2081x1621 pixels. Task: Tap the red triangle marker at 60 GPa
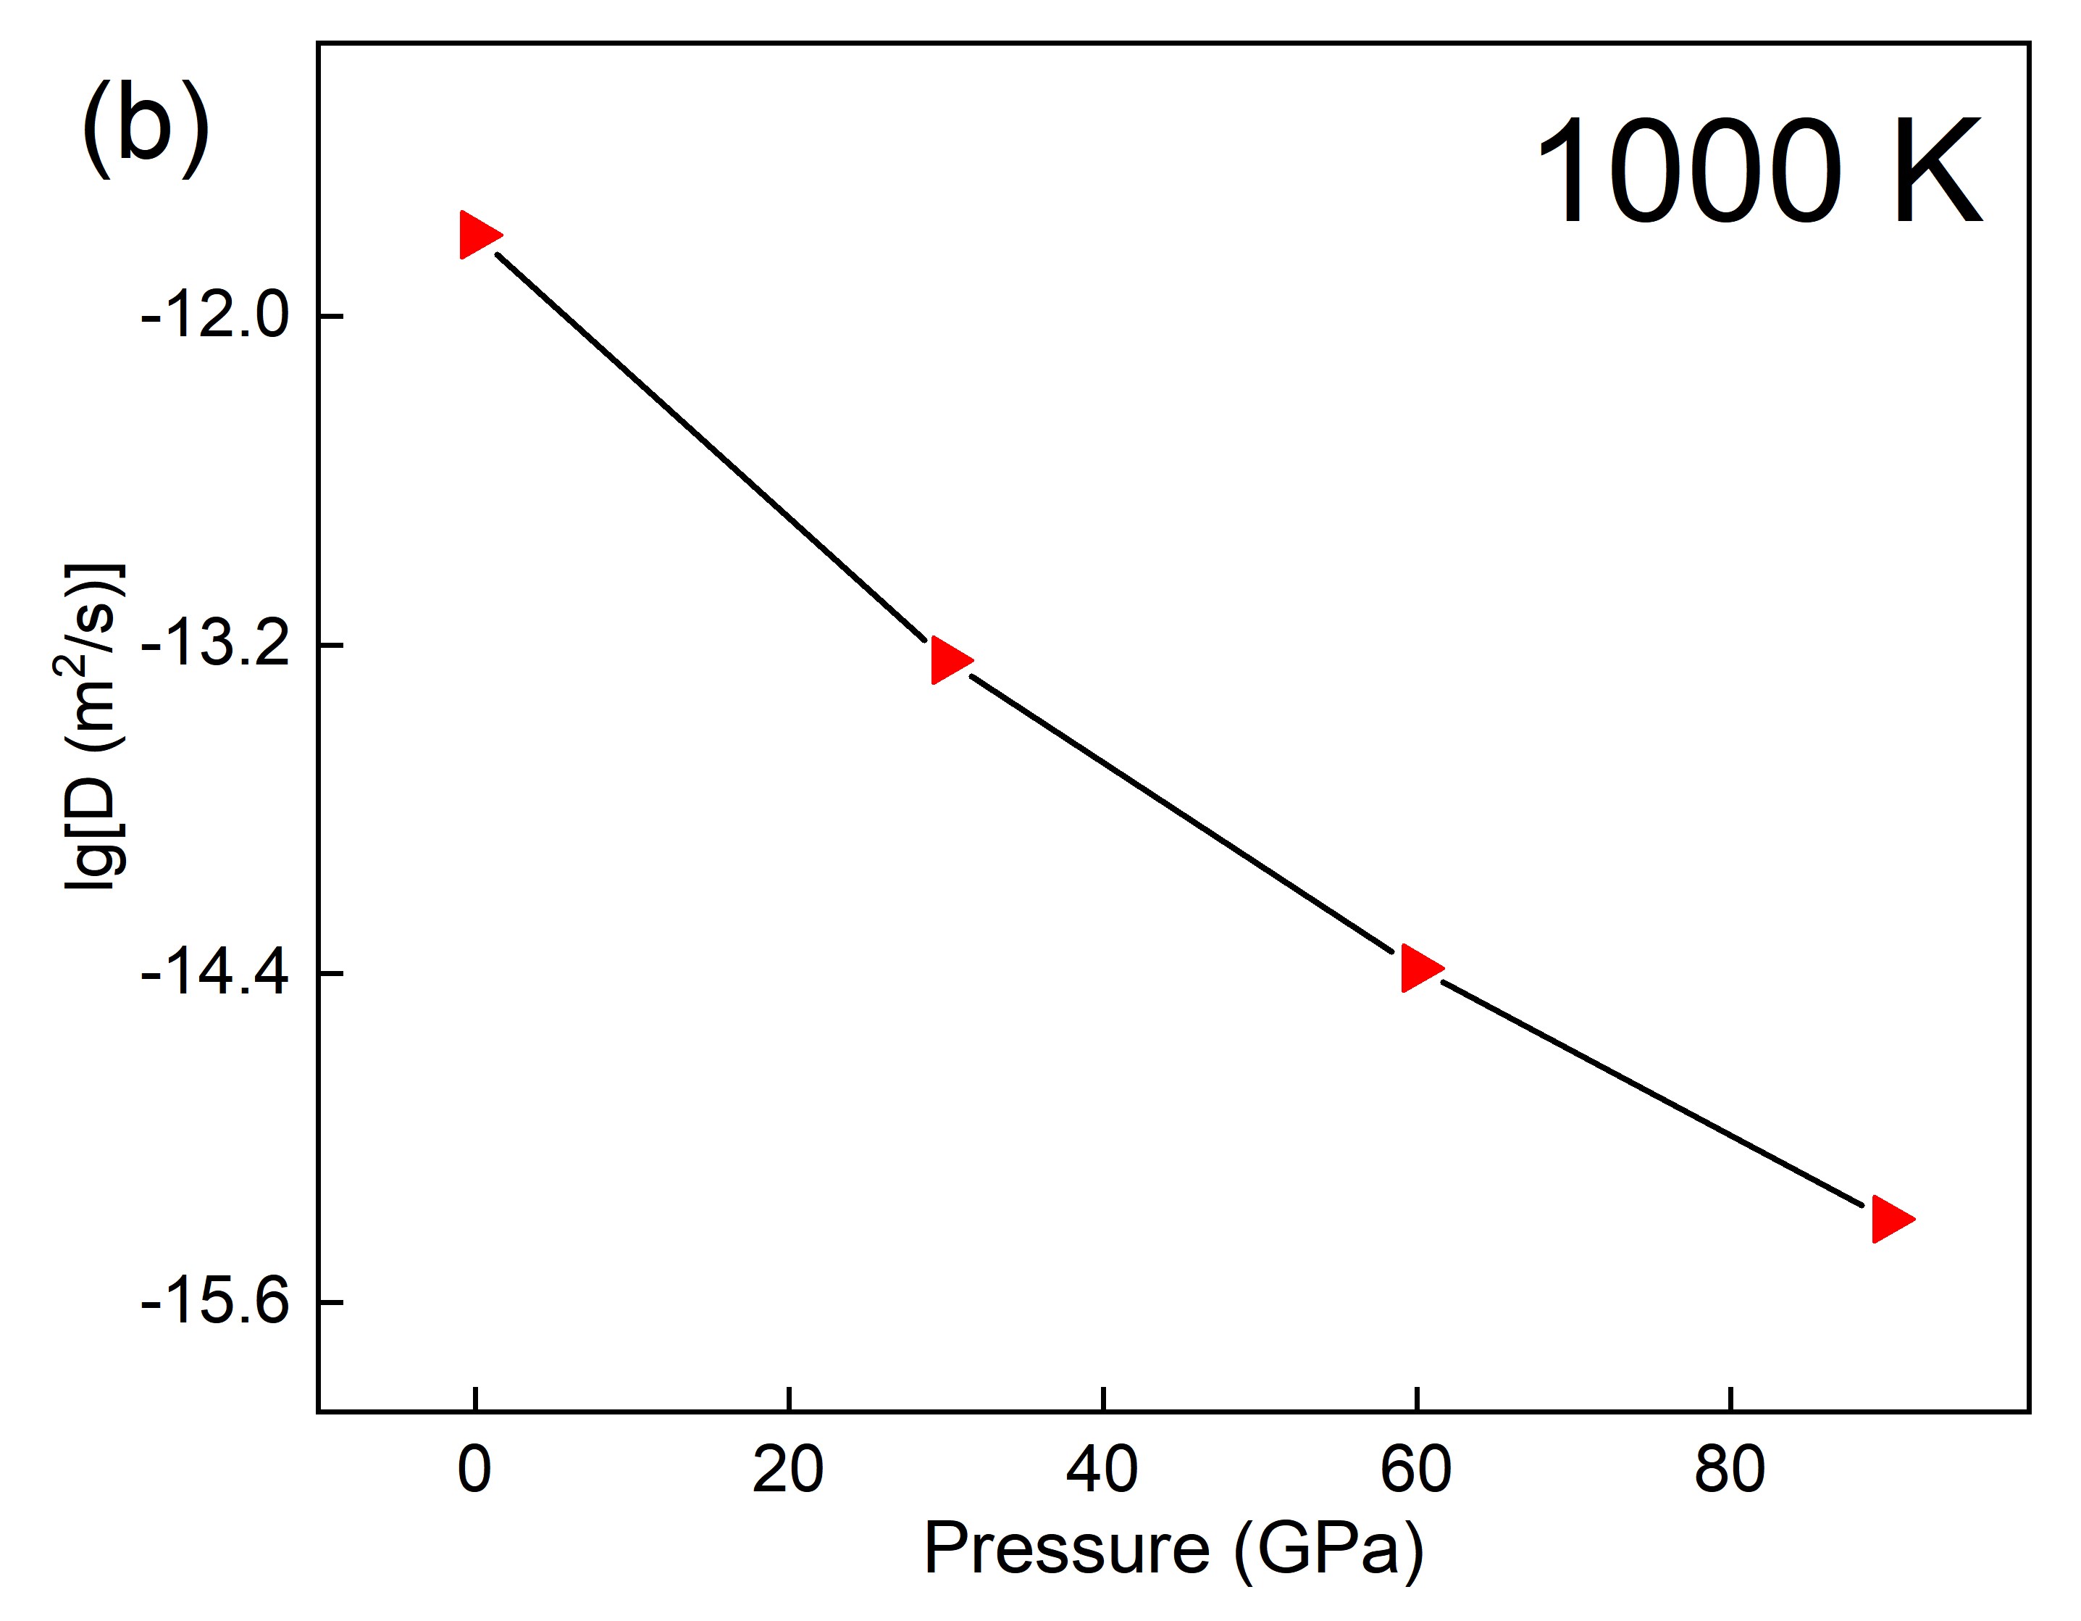coord(1419,969)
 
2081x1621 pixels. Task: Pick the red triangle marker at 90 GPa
coord(1890,1219)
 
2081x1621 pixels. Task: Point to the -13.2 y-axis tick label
coord(214,645)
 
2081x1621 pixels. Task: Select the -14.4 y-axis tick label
coord(214,974)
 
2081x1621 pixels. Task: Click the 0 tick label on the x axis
coord(474,1470)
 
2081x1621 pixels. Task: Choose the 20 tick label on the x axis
coord(788,1470)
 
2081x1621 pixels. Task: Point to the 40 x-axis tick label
coord(1102,1470)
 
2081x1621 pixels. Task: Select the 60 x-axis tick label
coord(1417,1470)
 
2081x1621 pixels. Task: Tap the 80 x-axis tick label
coord(1730,1470)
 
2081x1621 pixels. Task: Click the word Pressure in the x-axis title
coord(1067,1549)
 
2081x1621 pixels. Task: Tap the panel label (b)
coord(146,129)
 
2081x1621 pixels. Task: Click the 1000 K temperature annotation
coord(1759,172)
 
